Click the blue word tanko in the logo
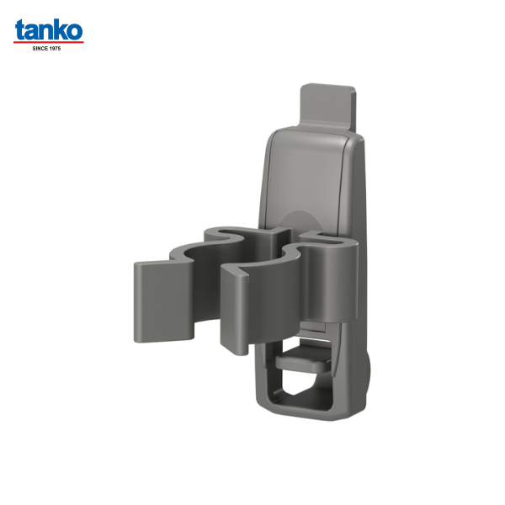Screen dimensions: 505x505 49,30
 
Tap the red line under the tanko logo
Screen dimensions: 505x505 49,42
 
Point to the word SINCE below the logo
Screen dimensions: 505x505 40,48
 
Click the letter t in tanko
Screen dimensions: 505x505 20,31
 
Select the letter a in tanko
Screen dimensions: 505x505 32,32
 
